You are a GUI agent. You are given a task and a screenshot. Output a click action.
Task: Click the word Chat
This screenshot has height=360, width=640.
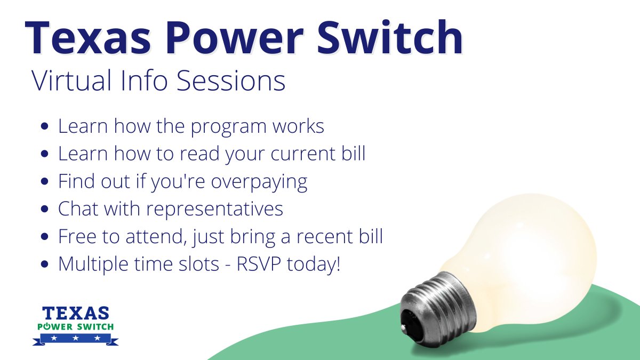tap(78, 209)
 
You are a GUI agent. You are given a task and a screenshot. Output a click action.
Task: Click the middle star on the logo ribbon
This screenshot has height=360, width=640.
tap(75, 338)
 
